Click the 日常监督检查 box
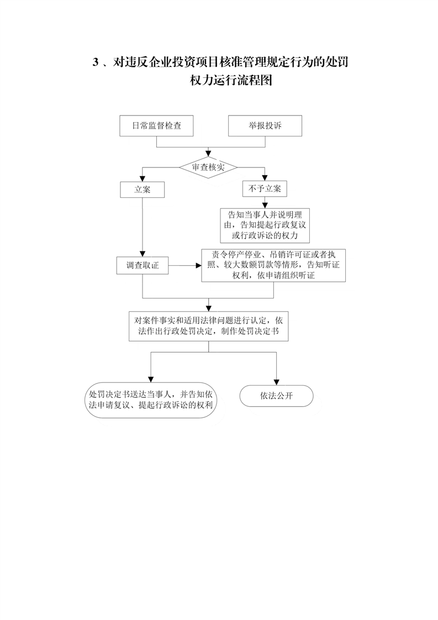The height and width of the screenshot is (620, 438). click(x=156, y=126)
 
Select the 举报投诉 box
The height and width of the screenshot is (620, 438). click(x=265, y=126)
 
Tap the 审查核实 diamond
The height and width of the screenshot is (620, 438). click(x=208, y=167)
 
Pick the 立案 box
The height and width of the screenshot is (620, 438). click(x=143, y=190)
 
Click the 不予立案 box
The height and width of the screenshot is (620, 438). click(x=265, y=188)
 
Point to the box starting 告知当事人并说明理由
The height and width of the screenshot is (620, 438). click(x=265, y=225)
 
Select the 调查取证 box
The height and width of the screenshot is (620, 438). click(x=143, y=265)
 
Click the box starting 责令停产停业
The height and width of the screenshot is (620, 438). click(x=273, y=265)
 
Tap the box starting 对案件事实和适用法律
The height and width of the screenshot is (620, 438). click(x=209, y=326)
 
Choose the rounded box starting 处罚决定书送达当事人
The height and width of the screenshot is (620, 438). click(x=151, y=400)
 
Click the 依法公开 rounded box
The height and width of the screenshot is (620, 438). click(x=276, y=396)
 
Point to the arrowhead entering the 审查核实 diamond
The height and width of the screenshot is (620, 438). click(x=208, y=154)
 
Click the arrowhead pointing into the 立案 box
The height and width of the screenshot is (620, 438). click(x=143, y=178)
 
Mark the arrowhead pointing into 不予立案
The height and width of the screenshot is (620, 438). click(x=265, y=178)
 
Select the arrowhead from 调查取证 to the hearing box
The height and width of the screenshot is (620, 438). click(x=199, y=265)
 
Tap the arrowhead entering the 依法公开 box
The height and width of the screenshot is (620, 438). click(x=276, y=382)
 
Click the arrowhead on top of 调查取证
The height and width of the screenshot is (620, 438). click(x=143, y=254)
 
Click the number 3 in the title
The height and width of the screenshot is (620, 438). click(x=95, y=62)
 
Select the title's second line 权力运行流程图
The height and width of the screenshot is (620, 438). click(x=231, y=80)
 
